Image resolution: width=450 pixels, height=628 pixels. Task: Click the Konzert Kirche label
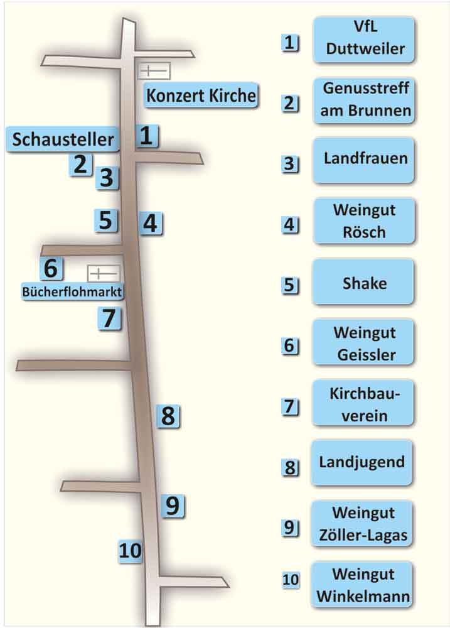click(x=201, y=96)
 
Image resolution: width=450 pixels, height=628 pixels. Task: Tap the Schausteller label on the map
click(x=62, y=139)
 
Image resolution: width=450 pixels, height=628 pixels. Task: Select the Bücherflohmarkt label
click(x=72, y=291)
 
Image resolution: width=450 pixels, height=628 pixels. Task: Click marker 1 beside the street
click(x=146, y=135)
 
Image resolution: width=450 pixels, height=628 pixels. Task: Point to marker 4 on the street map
click(x=151, y=222)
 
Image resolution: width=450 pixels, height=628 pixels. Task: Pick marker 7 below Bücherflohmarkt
click(x=109, y=318)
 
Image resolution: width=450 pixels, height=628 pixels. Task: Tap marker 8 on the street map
click(x=168, y=415)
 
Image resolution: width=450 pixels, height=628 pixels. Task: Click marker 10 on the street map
click(x=131, y=551)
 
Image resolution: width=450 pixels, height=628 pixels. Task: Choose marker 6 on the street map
click(x=51, y=268)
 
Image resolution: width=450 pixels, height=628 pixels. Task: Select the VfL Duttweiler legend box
click(x=363, y=40)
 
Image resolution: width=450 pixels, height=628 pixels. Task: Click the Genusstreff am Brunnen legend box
click(x=363, y=100)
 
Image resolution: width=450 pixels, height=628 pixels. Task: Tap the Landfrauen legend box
click(x=363, y=160)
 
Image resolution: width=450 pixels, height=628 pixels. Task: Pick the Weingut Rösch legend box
click(x=363, y=220)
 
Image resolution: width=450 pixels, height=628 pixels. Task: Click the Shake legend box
click(x=363, y=283)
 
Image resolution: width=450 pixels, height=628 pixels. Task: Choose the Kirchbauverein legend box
click(x=363, y=404)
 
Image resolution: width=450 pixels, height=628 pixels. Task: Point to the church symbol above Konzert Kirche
click(x=153, y=71)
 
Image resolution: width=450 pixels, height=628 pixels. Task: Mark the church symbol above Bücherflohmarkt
click(x=103, y=274)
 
